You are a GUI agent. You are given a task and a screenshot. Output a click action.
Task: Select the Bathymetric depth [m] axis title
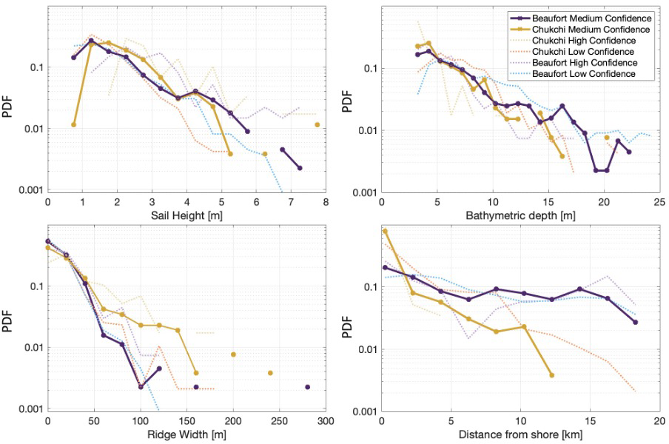pos(520,215)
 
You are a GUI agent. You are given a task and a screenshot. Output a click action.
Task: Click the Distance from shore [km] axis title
pos(520,434)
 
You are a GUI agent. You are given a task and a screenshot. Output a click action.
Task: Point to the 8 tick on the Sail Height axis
pos(326,201)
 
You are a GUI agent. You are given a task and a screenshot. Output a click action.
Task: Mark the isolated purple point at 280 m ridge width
pos(307,387)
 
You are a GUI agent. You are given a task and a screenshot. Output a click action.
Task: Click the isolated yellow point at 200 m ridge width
pos(233,354)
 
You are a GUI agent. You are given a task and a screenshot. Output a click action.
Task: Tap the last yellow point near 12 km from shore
pos(551,375)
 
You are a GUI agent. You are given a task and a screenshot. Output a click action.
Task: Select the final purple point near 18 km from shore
pos(635,322)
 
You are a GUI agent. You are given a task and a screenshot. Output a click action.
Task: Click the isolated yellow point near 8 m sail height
pos(317,124)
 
